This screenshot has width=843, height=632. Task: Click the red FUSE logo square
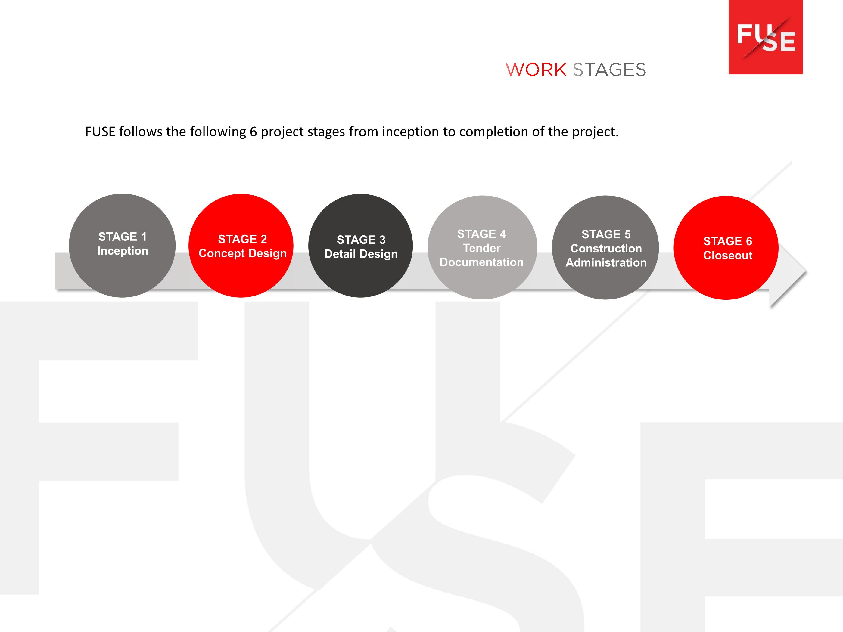[x=766, y=37]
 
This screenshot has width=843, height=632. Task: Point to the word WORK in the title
[x=536, y=70]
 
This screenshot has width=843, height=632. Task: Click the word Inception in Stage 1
[x=122, y=251]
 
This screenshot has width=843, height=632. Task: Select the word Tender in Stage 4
[x=482, y=248]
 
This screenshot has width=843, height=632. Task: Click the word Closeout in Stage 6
[x=727, y=255]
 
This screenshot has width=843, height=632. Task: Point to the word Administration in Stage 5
[x=606, y=262]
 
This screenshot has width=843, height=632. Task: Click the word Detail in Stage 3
[x=340, y=254]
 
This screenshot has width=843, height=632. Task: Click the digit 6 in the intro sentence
[x=253, y=132]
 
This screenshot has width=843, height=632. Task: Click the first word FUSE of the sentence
[x=100, y=132]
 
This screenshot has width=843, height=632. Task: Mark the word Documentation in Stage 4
[x=481, y=262]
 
